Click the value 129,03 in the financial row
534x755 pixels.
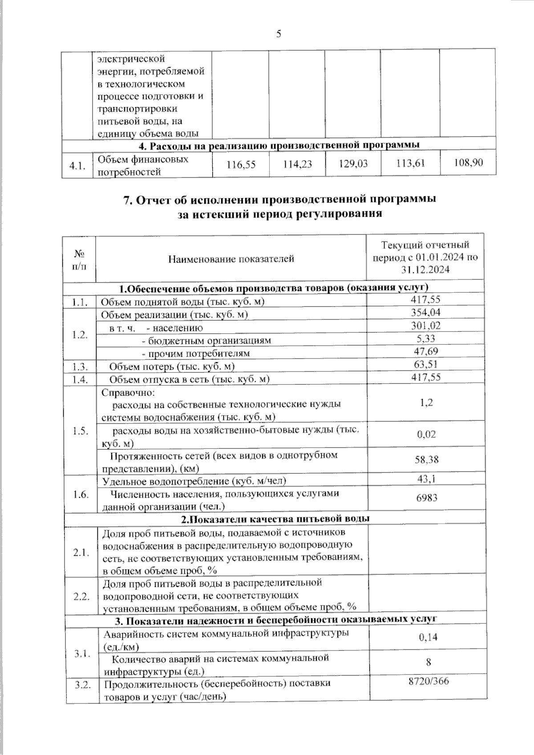(x=353, y=164)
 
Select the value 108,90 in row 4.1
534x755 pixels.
(x=468, y=162)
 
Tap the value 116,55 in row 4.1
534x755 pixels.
(x=241, y=165)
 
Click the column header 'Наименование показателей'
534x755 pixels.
(x=231, y=259)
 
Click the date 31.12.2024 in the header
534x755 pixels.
(x=425, y=270)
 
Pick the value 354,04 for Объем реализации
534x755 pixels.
(x=425, y=312)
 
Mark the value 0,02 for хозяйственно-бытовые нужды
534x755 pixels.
(x=426, y=434)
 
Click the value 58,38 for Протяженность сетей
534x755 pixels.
(x=426, y=460)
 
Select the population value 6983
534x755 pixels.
(x=426, y=497)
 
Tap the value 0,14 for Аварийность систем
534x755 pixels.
(x=428, y=637)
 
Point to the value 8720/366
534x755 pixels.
(x=428, y=681)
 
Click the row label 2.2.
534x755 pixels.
(x=82, y=596)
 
